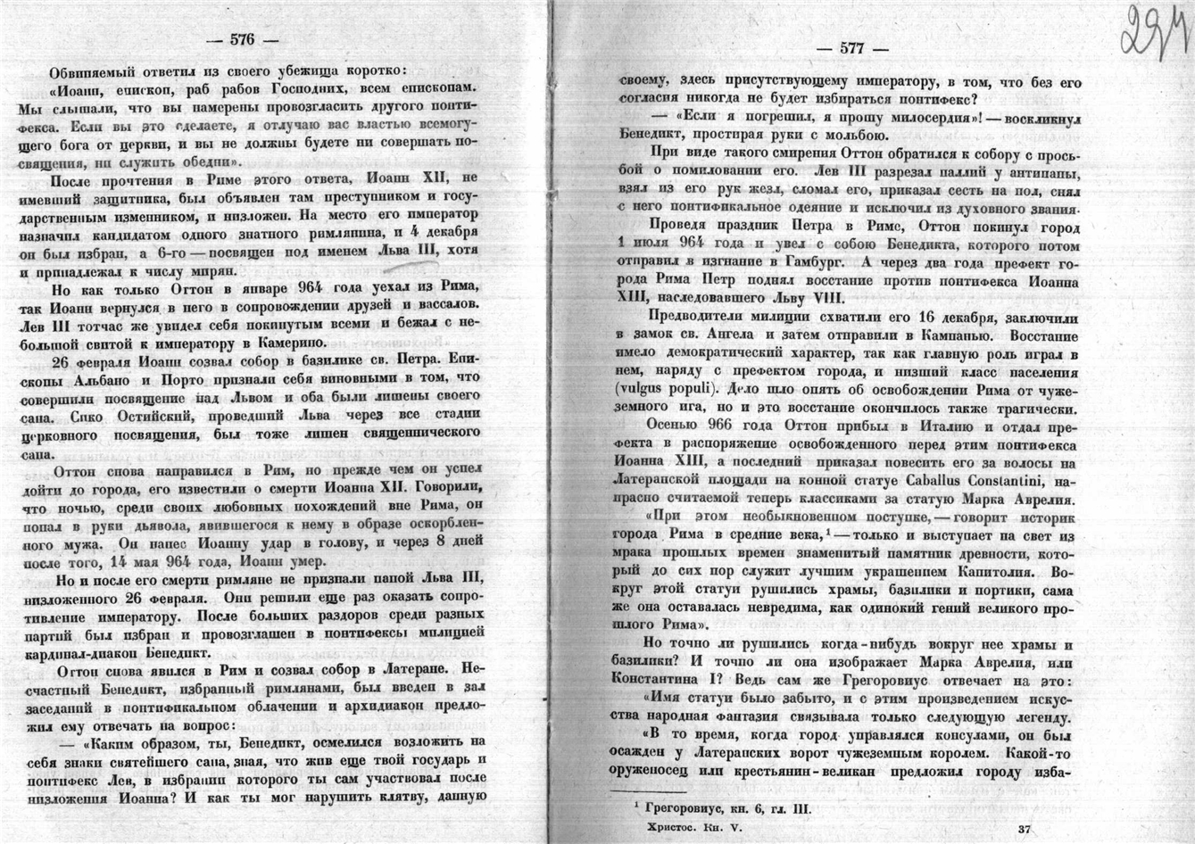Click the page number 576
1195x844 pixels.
242,39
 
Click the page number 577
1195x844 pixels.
851,49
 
